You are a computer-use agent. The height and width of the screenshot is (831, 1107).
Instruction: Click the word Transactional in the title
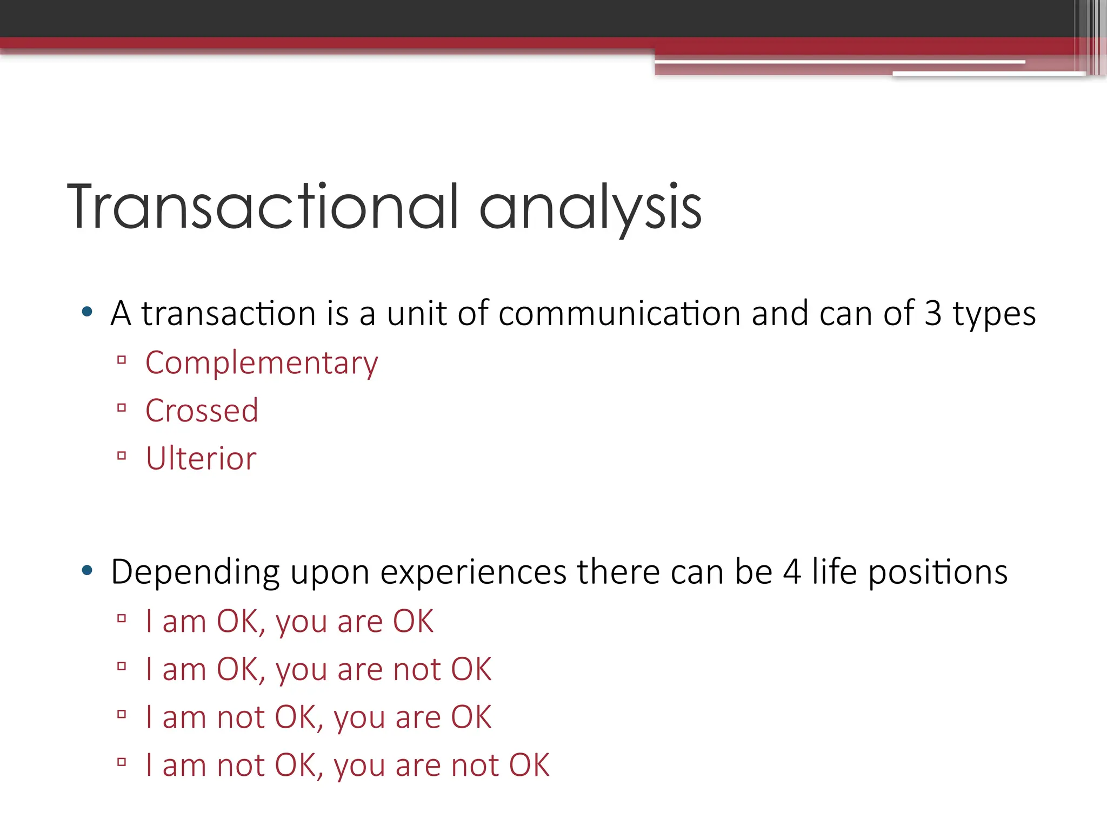point(263,207)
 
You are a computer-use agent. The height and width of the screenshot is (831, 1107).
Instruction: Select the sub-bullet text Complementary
point(262,363)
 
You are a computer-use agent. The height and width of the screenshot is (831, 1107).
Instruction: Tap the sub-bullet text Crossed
point(202,411)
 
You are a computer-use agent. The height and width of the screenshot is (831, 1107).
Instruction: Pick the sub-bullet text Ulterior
point(201,459)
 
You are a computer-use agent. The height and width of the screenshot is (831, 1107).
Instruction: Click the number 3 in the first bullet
point(932,313)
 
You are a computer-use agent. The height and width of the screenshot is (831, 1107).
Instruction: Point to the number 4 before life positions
point(792,572)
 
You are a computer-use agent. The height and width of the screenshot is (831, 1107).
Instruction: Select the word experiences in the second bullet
point(474,572)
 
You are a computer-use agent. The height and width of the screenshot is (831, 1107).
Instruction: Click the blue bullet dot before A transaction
point(87,312)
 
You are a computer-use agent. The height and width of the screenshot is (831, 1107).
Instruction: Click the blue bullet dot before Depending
point(87,570)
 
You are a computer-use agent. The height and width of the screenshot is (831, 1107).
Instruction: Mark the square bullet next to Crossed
point(122,408)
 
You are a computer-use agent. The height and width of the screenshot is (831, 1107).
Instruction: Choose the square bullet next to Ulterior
point(122,456)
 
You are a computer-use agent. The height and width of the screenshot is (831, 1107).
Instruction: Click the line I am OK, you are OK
point(289,621)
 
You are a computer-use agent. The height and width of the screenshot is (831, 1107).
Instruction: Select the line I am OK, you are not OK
point(318,669)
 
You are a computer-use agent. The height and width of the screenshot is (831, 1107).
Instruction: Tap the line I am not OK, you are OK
point(318,717)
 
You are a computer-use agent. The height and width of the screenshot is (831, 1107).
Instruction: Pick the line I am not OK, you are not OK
point(348,766)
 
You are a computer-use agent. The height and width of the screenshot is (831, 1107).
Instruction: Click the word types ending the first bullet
point(993,314)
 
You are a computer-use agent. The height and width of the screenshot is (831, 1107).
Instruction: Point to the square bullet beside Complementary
point(122,360)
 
